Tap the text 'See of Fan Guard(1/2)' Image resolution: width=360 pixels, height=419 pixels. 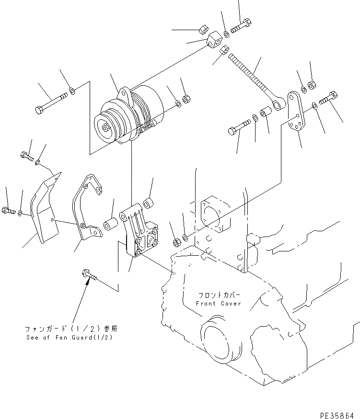point(72,337)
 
